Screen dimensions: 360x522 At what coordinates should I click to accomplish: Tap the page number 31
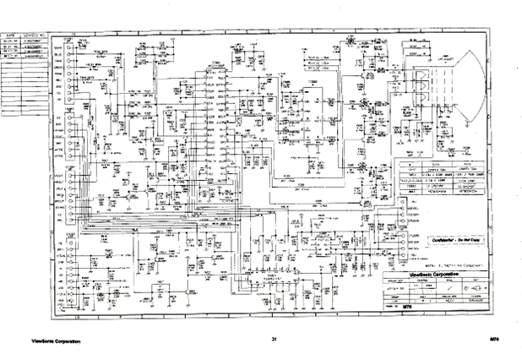click(x=275, y=340)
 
